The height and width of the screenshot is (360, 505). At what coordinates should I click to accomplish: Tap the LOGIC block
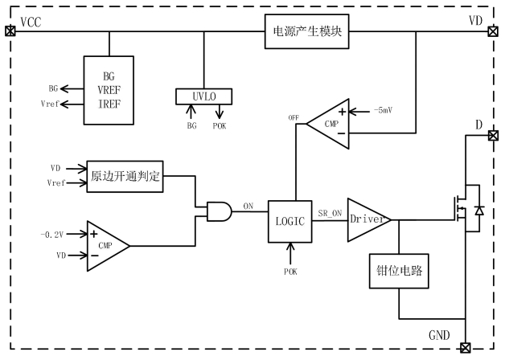pos(289,219)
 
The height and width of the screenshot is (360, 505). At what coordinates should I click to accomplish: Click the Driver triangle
pos(367,219)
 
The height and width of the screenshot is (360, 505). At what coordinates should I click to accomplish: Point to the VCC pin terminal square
pos(10,31)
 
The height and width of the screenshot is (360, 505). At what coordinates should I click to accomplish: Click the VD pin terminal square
pos(492,32)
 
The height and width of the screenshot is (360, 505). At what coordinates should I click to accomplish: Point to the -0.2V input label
pos(51,234)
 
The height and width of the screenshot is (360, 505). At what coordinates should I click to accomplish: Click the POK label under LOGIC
pos(290,272)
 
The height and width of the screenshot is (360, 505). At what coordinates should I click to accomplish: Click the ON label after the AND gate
pos(248,206)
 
